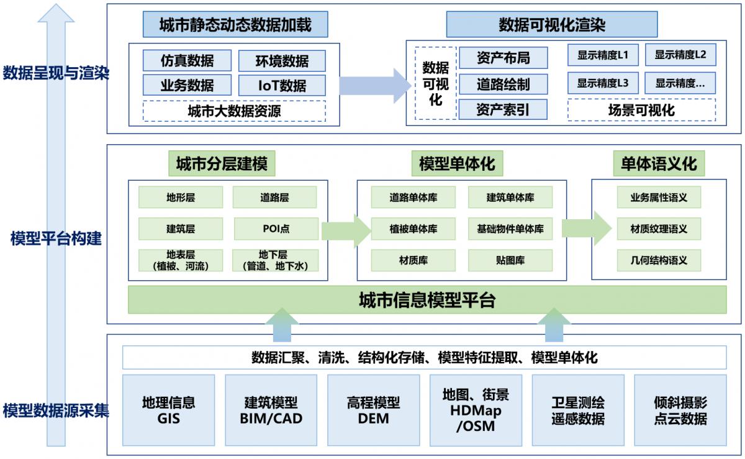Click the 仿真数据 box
187,60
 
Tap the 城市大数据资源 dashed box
234,111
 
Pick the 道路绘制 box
503,84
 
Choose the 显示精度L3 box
603,83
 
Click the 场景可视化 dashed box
641,111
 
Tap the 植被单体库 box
413,229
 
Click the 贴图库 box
509,260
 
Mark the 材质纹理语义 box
659,229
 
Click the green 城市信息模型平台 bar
427,301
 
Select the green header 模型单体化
457,165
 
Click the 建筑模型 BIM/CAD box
271,410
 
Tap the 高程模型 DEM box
373,410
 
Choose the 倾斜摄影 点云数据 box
680,410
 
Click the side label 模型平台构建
56,238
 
